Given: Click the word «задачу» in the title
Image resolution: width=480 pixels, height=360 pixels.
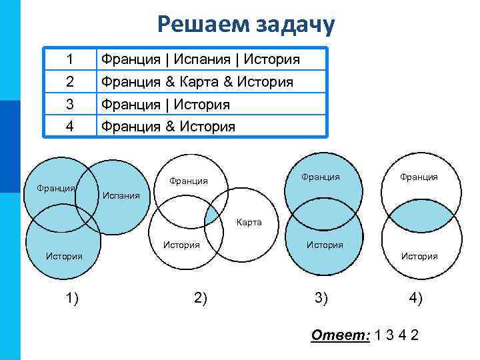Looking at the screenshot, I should [x=293, y=24].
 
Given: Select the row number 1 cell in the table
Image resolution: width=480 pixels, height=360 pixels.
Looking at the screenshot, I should [x=70, y=59].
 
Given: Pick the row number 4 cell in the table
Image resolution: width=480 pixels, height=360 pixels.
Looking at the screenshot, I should [x=70, y=125].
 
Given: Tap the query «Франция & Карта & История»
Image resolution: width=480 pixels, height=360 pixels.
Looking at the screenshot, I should [x=197, y=82].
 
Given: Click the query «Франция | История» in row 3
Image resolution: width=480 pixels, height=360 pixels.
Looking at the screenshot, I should [x=165, y=104].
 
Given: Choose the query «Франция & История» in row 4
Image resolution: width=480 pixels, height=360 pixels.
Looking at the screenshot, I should [x=167, y=126].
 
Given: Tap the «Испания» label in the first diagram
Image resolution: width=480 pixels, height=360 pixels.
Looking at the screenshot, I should [x=120, y=195].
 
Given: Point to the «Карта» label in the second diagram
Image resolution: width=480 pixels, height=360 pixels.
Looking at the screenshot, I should [x=249, y=223].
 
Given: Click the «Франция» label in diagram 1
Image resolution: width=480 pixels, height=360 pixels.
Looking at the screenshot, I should [x=57, y=188].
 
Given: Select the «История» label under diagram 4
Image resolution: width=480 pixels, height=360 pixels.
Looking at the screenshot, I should [x=419, y=256].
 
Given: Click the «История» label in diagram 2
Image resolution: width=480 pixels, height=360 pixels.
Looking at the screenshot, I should [x=181, y=245].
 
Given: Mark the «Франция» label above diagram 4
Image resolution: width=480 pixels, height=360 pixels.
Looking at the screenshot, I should [x=419, y=177].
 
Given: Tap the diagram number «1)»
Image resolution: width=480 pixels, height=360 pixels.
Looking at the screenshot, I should [x=72, y=298].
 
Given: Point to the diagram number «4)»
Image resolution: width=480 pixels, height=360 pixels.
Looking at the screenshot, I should [x=415, y=298].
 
